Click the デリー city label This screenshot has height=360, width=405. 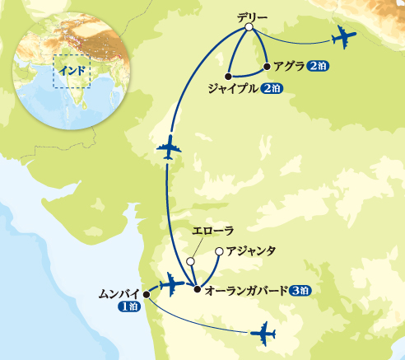[x=249, y=16]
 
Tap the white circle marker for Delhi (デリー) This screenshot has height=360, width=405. [x=249, y=29]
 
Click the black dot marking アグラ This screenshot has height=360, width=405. [x=267, y=67]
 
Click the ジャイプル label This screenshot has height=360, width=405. [x=234, y=87]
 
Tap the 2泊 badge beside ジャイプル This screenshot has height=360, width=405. [x=272, y=87]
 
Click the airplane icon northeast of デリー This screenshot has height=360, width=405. [x=343, y=38]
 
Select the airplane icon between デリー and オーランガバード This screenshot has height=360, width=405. [x=168, y=151]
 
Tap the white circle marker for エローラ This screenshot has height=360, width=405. [x=190, y=261]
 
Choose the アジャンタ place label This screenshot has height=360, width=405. [x=250, y=250]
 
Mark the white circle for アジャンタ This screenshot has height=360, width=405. [x=218, y=251]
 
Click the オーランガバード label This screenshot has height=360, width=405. [x=244, y=290]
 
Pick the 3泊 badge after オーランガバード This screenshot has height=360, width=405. [x=300, y=290]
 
